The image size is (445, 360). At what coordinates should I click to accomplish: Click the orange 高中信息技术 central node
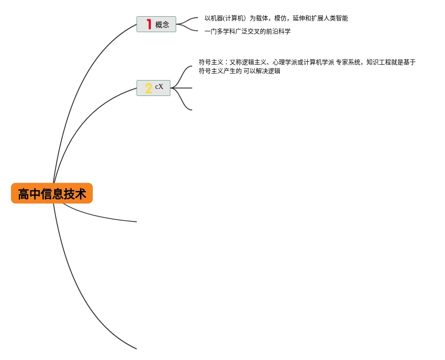pyautogui.click(x=52, y=194)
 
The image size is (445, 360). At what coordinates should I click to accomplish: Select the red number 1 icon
pyautogui.click(x=149, y=24)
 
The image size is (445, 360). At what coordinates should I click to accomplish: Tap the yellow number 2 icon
pyautogui.click(x=149, y=88)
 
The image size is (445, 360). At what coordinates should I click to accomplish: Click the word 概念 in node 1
pyautogui.click(x=162, y=25)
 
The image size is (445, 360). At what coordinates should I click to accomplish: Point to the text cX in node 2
pyautogui.click(x=159, y=87)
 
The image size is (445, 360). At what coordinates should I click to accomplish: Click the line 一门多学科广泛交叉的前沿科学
pyautogui.click(x=248, y=31)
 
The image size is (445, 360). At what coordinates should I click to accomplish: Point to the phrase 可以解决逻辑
pyautogui.click(x=262, y=71)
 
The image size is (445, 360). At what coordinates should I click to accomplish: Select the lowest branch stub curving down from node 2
pyautogui.click(x=182, y=104)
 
